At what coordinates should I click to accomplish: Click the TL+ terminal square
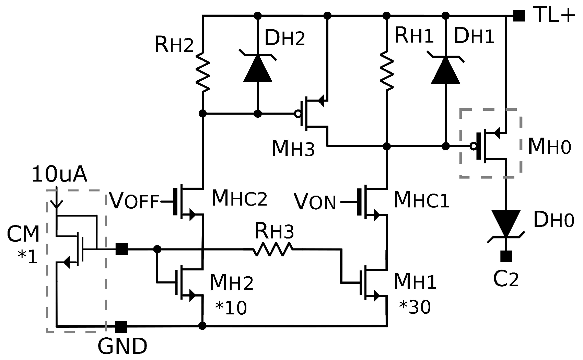(x=519, y=16)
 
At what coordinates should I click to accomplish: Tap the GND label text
(x=123, y=346)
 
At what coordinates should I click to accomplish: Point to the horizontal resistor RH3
(x=273, y=249)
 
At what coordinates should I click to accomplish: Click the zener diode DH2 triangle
(x=258, y=69)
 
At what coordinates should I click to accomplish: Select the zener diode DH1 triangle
(x=445, y=71)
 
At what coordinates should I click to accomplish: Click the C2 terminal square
(x=506, y=256)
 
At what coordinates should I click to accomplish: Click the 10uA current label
(x=59, y=175)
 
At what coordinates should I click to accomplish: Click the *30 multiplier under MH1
(x=415, y=307)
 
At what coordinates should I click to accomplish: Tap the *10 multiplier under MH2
(x=231, y=308)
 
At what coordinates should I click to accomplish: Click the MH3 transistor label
(x=293, y=149)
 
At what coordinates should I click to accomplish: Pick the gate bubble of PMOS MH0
(x=474, y=147)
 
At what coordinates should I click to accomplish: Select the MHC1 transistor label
(x=421, y=200)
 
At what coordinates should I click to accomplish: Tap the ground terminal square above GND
(x=121, y=327)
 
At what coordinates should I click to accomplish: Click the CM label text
(x=23, y=235)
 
